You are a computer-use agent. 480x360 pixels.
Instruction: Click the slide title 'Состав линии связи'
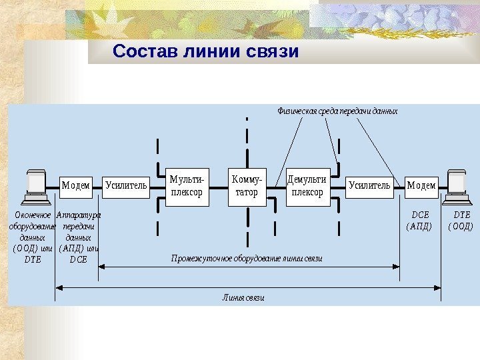(205, 51)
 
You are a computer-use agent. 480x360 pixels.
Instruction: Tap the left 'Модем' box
(76, 185)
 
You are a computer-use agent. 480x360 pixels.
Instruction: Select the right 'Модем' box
(421, 185)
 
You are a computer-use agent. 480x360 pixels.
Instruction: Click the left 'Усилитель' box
(125, 185)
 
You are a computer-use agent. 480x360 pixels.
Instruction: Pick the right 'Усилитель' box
(369, 185)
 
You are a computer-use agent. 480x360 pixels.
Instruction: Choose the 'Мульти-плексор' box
(187, 186)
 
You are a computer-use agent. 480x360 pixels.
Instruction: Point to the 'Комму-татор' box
(247, 186)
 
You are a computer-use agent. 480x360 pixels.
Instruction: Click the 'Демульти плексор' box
(307, 186)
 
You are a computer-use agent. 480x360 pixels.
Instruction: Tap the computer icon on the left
(33, 187)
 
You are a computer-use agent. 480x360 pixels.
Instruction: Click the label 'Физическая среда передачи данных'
(337, 111)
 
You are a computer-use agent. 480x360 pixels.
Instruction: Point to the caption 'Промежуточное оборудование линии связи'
(247, 257)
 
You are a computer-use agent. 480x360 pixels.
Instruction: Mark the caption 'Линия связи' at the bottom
(243, 298)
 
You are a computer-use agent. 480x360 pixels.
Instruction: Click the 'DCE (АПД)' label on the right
(420, 221)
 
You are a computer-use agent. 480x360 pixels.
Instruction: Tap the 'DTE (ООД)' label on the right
(461, 221)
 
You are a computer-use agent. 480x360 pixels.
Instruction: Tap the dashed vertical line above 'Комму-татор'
(247, 143)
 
